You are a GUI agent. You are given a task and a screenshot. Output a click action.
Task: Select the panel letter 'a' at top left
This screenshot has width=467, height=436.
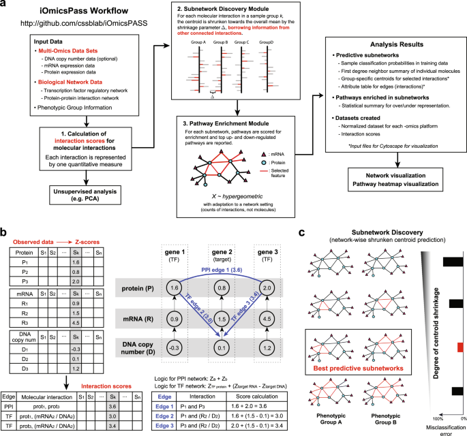coord(4,5)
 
